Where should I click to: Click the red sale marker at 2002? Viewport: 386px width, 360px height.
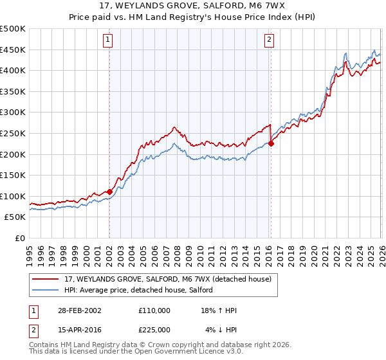click(110, 192)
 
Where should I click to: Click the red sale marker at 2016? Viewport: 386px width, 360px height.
click(271, 143)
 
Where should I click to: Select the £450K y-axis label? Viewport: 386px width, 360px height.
click(13, 50)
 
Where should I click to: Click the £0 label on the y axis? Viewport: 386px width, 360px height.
click(19, 238)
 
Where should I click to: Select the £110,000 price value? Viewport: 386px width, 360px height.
click(154, 310)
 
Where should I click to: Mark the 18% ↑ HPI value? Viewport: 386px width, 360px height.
click(219, 310)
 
